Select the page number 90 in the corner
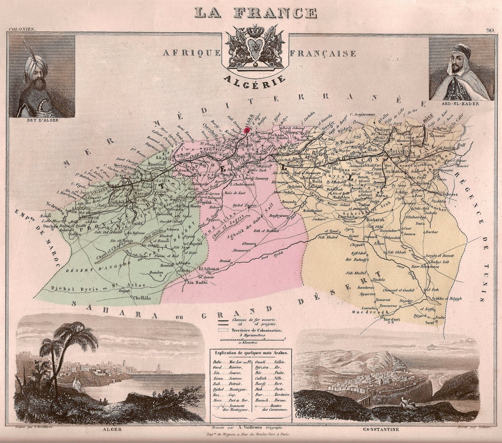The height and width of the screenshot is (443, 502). pos(490,30)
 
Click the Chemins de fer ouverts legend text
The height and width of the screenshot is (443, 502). pos(257,319)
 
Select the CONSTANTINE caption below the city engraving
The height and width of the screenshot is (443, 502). pos(381,430)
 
